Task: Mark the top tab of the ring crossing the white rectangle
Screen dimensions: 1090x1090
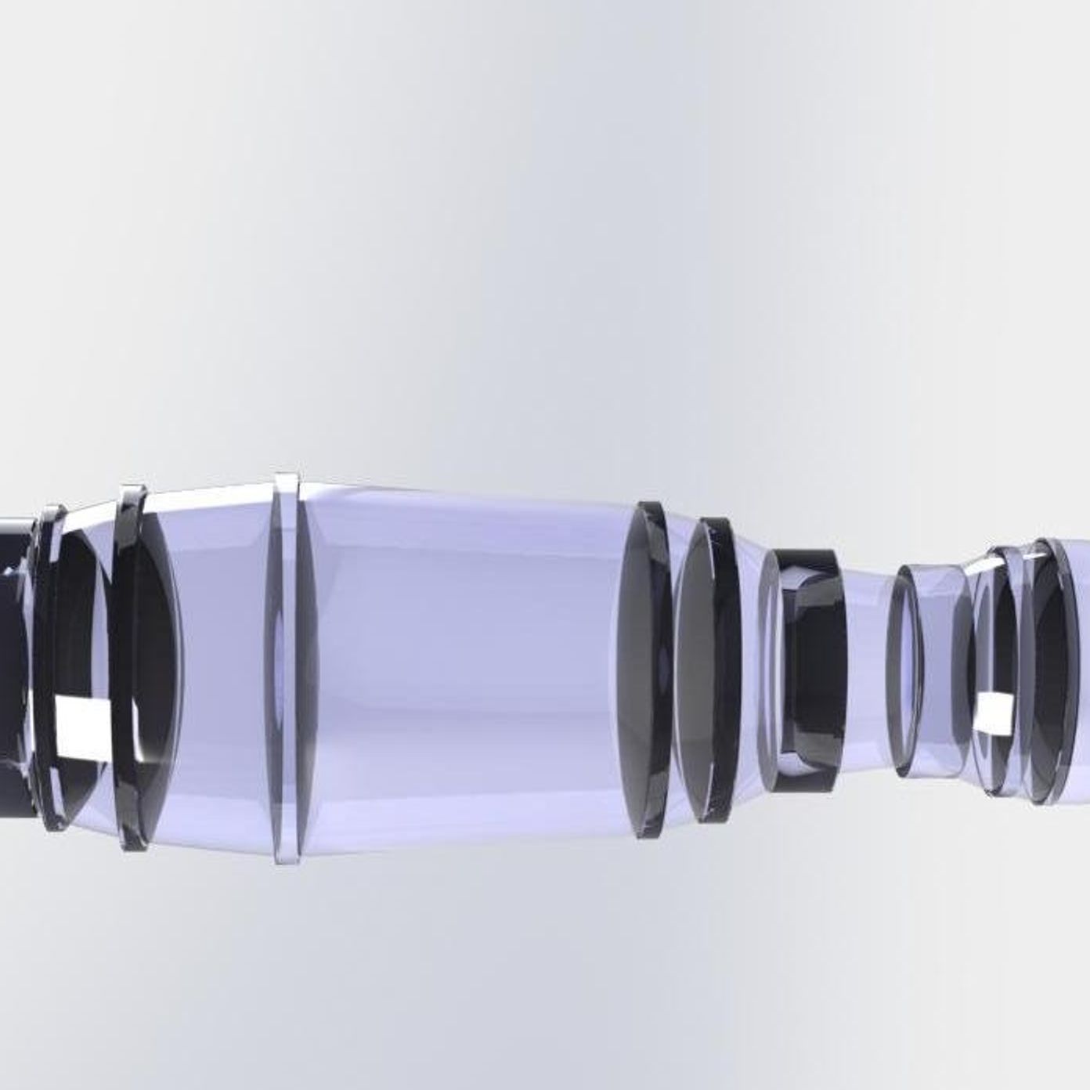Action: point(131,493)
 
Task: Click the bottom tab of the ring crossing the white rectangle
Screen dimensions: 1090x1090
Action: point(133,842)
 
